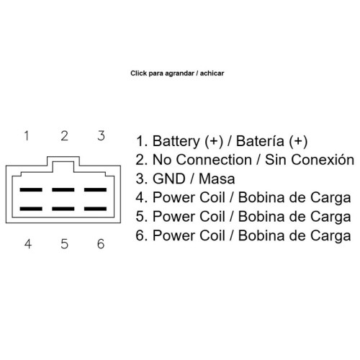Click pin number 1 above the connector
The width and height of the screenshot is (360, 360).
click(x=27, y=135)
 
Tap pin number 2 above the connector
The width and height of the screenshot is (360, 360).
click(x=64, y=135)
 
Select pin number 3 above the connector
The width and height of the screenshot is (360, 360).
click(x=101, y=135)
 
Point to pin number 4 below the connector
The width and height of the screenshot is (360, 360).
click(x=28, y=244)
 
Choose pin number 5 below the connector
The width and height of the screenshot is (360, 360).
click(x=64, y=244)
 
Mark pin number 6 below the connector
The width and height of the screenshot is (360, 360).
click(x=101, y=244)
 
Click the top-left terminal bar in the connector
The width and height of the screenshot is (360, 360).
click(x=31, y=189)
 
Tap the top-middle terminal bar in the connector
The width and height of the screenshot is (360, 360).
click(x=63, y=189)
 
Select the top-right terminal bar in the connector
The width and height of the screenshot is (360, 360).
click(x=95, y=189)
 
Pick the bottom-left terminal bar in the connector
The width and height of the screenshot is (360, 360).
click(x=31, y=209)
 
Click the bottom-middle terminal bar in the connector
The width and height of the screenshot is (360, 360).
click(x=63, y=209)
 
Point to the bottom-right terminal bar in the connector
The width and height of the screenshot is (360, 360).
click(x=95, y=209)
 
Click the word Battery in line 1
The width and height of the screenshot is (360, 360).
click(x=176, y=141)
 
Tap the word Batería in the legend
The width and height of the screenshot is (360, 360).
click(x=260, y=141)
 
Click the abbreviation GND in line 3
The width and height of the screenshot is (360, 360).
click(x=169, y=179)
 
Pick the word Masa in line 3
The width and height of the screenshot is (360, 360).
click(x=217, y=179)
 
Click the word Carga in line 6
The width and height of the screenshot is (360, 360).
click(x=330, y=236)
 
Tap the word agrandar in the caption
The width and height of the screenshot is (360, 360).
click(x=179, y=73)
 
